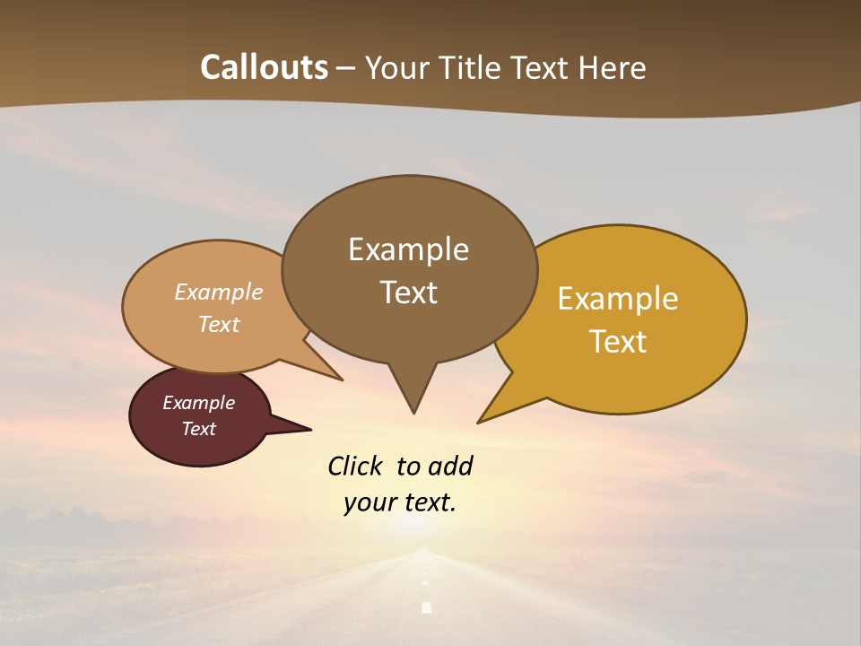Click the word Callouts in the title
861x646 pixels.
(264, 67)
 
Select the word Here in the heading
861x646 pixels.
(612, 68)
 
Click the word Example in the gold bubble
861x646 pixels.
(618, 299)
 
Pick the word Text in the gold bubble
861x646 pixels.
(618, 342)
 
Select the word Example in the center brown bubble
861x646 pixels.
(408, 249)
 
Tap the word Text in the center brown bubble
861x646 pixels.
(408, 292)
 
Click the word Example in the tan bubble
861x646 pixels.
(218, 292)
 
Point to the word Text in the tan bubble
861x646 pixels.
(218, 324)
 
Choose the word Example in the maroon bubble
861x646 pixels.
(198, 403)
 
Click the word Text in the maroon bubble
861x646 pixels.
(198, 429)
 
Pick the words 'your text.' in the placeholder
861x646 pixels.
(400, 502)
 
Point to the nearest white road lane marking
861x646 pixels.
(426, 607)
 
